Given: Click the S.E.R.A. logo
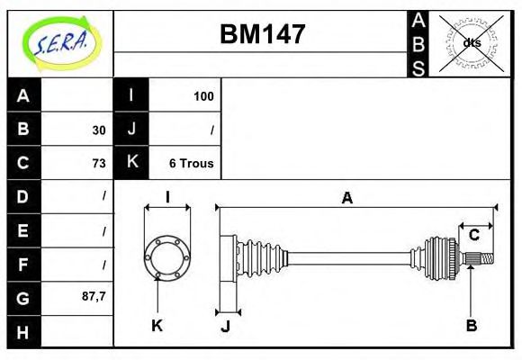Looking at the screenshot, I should [x=59, y=42].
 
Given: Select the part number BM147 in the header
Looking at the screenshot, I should [x=263, y=35].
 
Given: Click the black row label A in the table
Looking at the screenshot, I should [x=23, y=95].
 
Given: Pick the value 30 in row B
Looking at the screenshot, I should [x=99, y=130].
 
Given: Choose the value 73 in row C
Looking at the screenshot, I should [x=99, y=163].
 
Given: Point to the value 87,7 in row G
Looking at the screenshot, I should [x=94, y=295].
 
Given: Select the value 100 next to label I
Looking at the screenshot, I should [x=203, y=95].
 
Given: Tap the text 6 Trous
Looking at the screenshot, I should [x=191, y=163].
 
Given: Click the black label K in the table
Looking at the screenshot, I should [x=131, y=163].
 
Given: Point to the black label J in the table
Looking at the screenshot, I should [x=131, y=130].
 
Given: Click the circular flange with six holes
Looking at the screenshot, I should [x=167, y=256].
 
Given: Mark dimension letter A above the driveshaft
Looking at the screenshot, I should [x=346, y=199].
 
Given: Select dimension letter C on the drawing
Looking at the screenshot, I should [x=473, y=236].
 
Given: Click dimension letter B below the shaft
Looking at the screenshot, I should [x=472, y=325].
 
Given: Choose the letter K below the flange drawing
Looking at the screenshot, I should [x=157, y=325].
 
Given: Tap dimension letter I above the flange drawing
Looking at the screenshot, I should [x=167, y=198].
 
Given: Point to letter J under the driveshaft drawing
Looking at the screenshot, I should [x=225, y=326].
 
